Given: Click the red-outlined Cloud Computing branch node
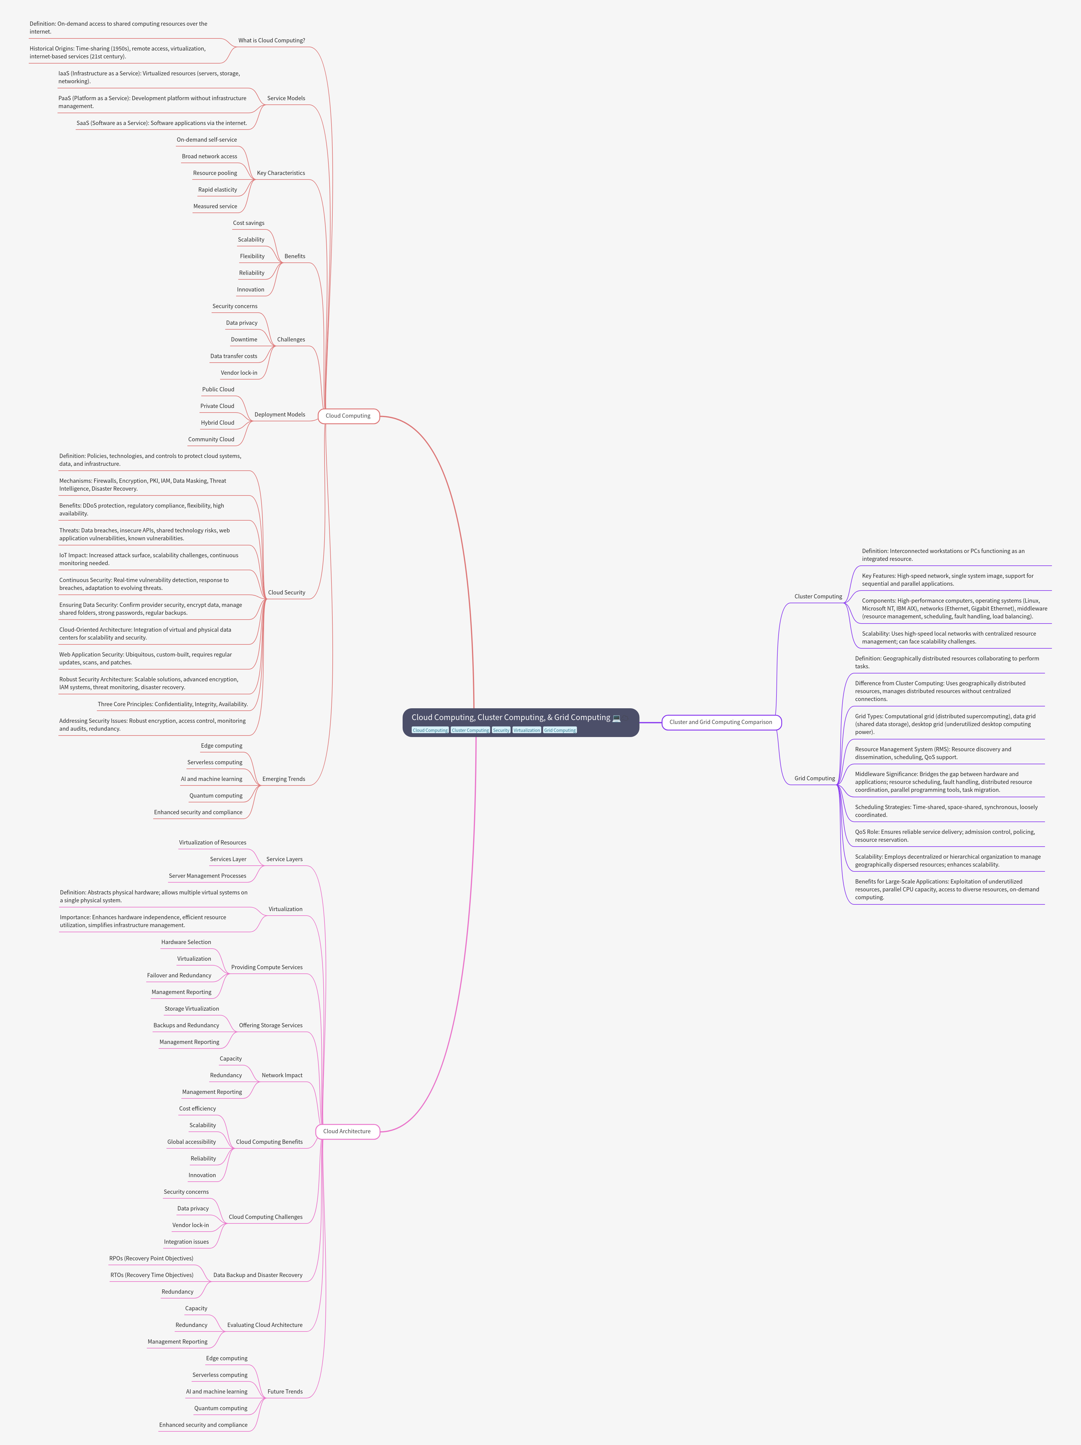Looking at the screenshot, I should (x=348, y=416).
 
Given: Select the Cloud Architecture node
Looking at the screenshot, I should (x=347, y=1131).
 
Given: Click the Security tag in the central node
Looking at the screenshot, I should (x=501, y=730).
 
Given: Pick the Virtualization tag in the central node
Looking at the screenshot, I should (x=526, y=730).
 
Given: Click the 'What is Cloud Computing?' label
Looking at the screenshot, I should (x=271, y=41).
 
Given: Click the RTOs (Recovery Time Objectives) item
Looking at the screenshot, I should (x=152, y=1275).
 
